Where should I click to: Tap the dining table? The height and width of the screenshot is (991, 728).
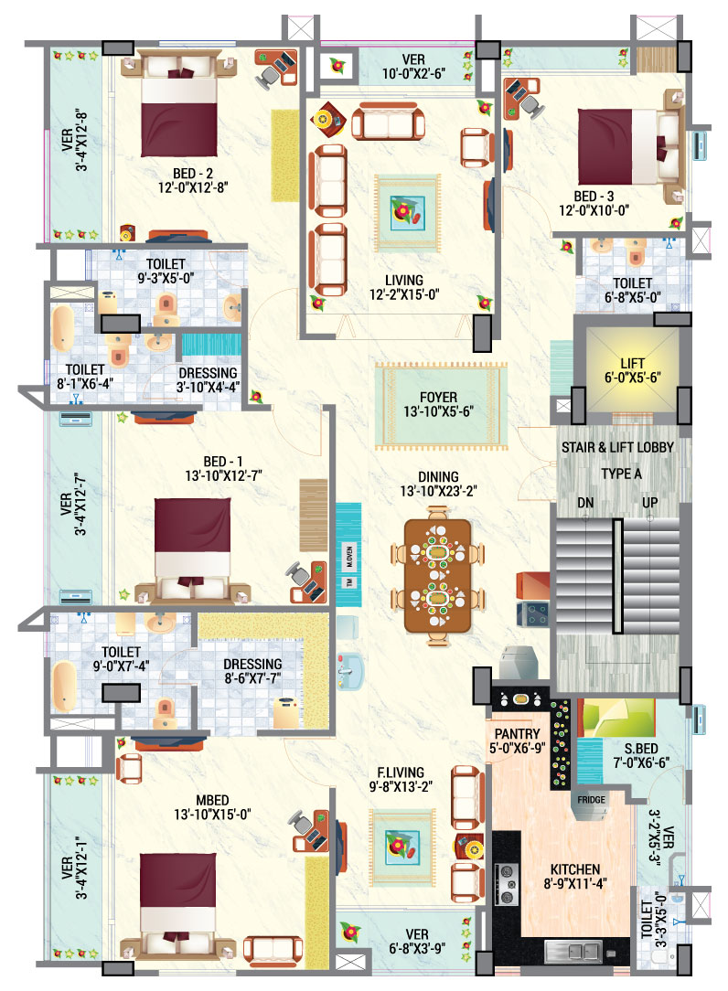tap(435, 577)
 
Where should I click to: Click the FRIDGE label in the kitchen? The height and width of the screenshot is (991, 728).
tap(592, 799)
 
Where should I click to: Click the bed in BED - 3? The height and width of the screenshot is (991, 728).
tap(626, 146)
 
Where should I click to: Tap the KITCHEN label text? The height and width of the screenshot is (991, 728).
tap(575, 868)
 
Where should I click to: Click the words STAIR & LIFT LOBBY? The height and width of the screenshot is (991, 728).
tap(619, 447)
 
